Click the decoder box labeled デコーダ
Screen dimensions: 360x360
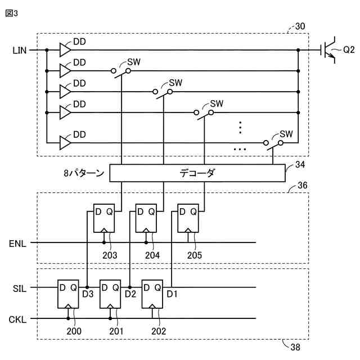pos(197,173)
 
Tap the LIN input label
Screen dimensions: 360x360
pos(19,51)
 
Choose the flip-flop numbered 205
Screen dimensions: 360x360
pos(188,219)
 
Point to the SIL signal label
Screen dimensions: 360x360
pos(19,287)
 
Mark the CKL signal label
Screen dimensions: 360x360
pos(17,319)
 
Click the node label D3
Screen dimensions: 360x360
pos(88,294)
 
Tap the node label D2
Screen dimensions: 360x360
pos(130,294)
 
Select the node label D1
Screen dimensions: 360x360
pos(172,294)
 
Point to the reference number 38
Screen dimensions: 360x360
pos(295,347)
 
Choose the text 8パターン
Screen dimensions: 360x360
pos(84,173)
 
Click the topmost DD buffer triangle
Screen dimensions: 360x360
pos(65,50)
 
